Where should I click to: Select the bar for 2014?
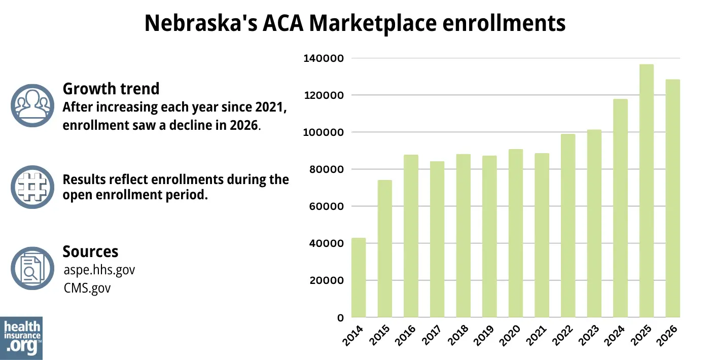[x=359, y=278]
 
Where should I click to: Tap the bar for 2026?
[x=673, y=198]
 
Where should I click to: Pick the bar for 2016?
[x=411, y=236]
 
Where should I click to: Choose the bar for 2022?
[x=568, y=226]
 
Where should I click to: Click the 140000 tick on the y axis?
[x=324, y=58]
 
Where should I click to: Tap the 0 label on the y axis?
[x=340, y=318]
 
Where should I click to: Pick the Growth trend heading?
[x=111, y=89]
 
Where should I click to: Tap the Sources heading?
[x=90, y=251]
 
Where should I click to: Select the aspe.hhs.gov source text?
[x=99, y=270]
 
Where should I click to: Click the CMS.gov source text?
[x=87, y=288]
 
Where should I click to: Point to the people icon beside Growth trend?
[x=32, y=105]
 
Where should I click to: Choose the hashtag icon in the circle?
[x=32, y=187]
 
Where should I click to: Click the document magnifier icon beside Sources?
[x=32, y=268]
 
